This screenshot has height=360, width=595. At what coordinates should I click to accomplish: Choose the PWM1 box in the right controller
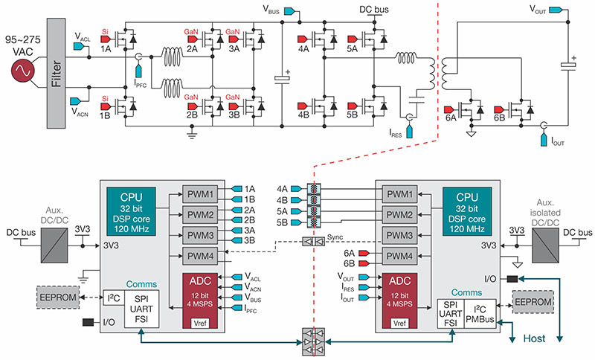click(x=400, y=194)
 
